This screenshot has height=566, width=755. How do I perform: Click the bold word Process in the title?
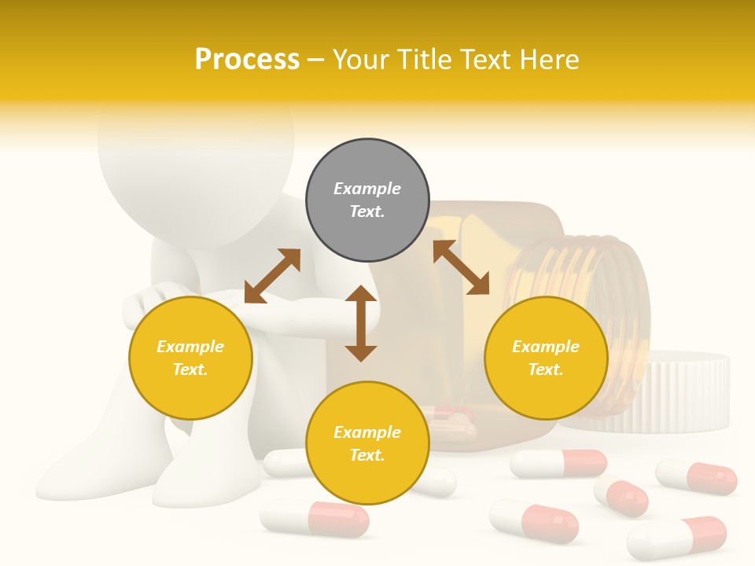(x=247, y=60)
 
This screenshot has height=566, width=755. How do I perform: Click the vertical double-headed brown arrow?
(x=361, y=323)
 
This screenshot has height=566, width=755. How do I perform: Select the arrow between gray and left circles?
(x=272, y=276)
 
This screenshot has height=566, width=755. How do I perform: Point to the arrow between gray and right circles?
(x=461, y=267)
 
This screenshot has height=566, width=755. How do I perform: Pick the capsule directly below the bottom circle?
(x=315, y=520)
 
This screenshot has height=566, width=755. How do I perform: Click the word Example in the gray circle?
(x=367, y=189)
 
